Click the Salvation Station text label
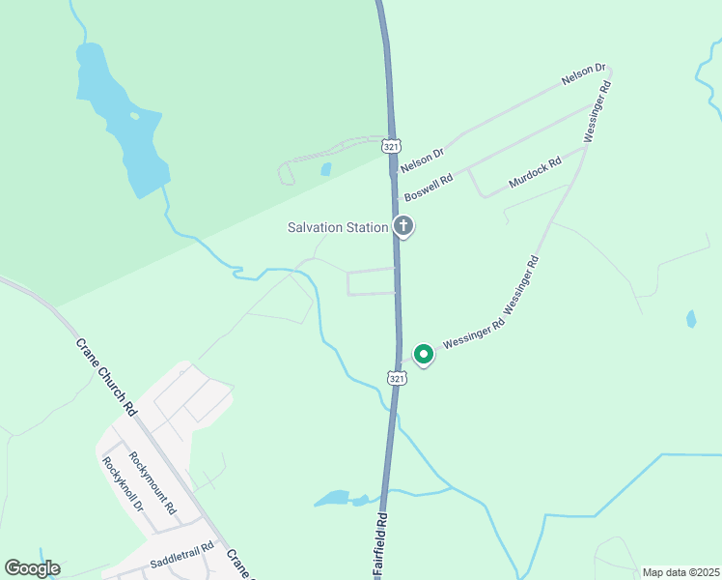click(338, 228)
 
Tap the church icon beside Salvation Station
click(403, 227)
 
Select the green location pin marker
click(423, 355)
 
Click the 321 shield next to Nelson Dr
click(390, 146)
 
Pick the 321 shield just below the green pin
click(397, 378)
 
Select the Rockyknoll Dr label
click(123, 484)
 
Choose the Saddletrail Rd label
click(180, 562)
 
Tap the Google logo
click(32, 568)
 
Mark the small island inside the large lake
click(134, 116)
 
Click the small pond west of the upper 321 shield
click(326, 169)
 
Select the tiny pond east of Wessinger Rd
click(690, 318)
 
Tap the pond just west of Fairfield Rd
click(333, 499)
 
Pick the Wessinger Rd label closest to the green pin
click(473, 333)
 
